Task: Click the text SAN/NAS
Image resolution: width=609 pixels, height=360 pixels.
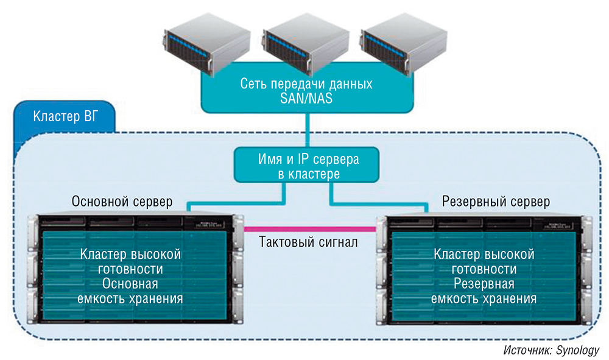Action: [306, 98]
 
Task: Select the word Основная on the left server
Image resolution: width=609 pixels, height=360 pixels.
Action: [130, 284]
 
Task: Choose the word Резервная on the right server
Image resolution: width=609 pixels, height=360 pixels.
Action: [484, 284]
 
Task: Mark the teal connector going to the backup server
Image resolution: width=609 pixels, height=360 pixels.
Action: [378, 203]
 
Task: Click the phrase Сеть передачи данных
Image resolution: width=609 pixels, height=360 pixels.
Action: [306, 83]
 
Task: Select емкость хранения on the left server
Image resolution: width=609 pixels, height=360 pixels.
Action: [130, 299]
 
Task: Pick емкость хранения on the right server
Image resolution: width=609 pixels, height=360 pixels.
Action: [484, 299]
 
